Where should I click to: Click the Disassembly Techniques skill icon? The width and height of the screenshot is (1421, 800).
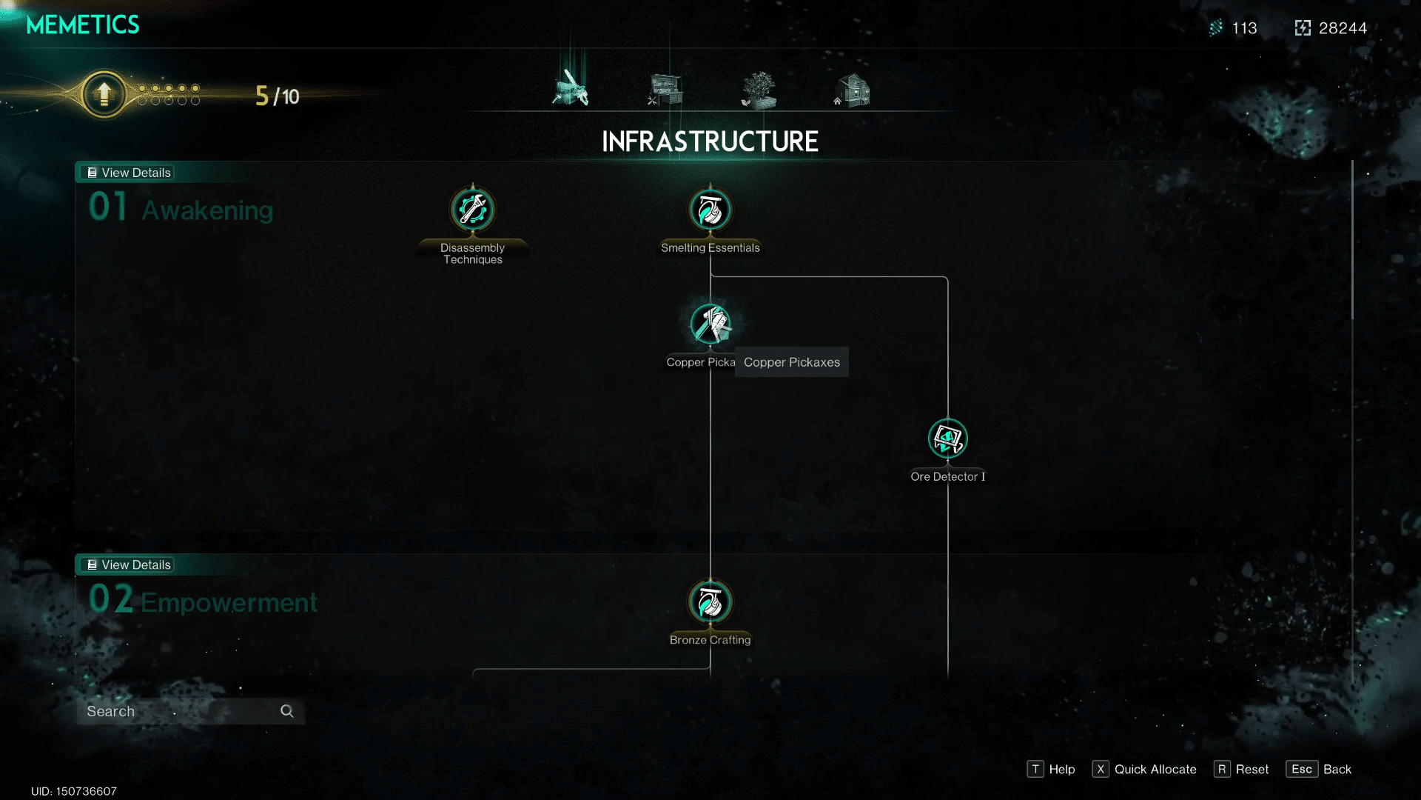473,210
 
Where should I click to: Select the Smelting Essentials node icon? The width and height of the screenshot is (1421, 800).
710,210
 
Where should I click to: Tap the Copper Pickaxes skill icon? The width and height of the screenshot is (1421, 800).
710,324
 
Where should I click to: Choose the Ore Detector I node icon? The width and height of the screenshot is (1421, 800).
948,439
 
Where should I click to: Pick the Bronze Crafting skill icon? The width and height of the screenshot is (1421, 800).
710,601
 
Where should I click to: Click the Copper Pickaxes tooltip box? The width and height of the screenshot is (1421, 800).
792,362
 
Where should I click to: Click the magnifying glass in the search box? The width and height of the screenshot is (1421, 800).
287,711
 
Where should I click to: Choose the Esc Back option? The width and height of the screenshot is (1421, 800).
1319,769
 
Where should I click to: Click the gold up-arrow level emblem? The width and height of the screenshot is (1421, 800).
104,94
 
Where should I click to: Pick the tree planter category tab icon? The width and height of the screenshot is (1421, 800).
759,90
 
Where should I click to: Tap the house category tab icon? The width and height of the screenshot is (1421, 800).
853,90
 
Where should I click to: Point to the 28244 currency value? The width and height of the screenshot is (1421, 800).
1343,28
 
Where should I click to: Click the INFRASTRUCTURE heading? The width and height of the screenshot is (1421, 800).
710,141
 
